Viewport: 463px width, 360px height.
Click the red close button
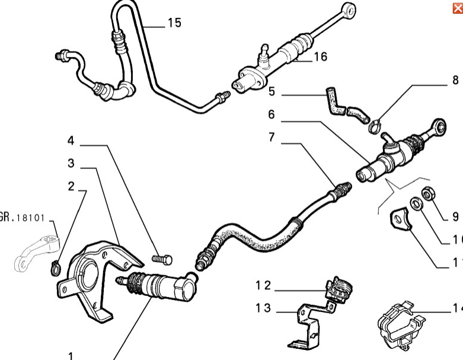(457, 8)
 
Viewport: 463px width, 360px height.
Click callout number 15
(174, 23)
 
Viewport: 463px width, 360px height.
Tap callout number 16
(320, 57)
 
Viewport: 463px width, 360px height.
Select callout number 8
(455, 80)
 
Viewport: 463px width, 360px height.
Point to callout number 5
(272, 92)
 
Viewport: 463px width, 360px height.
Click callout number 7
(272, 137)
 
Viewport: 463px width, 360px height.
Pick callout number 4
(71, 141)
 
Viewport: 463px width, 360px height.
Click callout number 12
(263, 285)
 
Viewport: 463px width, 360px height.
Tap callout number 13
(263, 308)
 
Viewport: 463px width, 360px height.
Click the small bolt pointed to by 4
(162, 259)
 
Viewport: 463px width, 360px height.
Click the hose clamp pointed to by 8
(374, 125)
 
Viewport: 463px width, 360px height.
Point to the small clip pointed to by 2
(55, 267)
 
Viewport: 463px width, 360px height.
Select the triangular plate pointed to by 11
(400, 219)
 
